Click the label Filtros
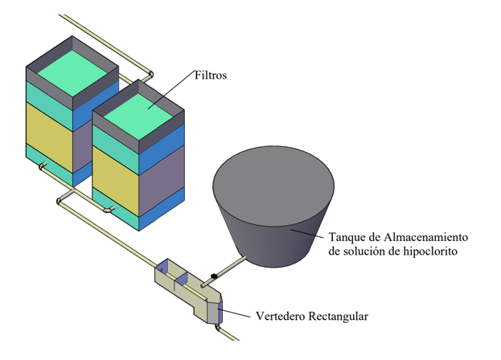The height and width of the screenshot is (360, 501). click(211, 76)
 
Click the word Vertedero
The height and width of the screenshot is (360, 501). click(280, 317)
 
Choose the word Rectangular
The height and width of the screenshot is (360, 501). click(338, 317)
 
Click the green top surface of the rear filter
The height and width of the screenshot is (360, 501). click(72, 73)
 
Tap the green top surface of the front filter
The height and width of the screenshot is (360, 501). click(138, 117)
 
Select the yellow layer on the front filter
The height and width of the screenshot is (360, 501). click(116, 181)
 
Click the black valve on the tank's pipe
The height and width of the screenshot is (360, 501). click(214, 276)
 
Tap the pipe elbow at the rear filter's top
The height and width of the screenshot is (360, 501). click(150, 76)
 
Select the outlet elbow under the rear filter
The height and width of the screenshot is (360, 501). click(42, 166)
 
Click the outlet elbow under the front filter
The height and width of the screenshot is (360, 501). click(109, 210)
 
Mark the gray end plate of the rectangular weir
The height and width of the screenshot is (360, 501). click(213, 313)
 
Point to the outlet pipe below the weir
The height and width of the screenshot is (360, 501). click(227, 333)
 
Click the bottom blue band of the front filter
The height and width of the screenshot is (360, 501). click(162, 209)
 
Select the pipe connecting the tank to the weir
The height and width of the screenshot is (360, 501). click(224, 272)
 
